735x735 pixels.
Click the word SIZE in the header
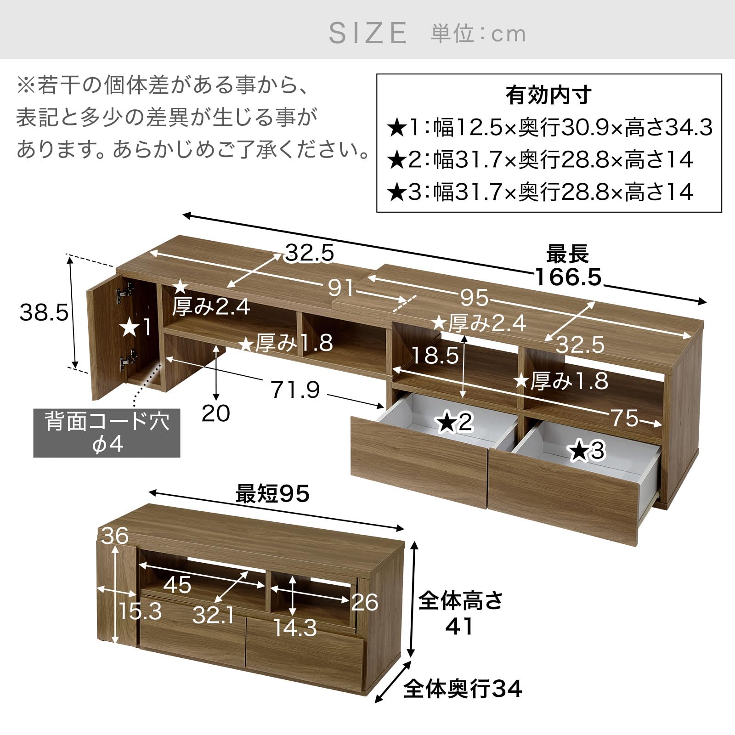coord(368,33)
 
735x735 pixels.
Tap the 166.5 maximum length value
coord(568,277)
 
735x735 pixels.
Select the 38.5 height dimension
coord(44,313)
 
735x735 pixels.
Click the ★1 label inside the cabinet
coord(135,328)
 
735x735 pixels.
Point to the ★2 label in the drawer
coord(455,422)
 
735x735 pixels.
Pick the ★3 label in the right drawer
coord(588,451)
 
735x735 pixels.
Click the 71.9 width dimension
coord(295,390)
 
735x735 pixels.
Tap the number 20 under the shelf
coord(215,413)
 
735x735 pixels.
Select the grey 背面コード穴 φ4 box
coord(107,434)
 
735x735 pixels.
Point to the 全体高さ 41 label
coord(460,613)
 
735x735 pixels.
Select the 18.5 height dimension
coord(435,355)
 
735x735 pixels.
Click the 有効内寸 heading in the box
coord(548,96)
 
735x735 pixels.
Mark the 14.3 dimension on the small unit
coord(295,628)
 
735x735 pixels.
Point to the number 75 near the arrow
coord(624,418)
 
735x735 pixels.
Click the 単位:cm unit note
coord(478,34)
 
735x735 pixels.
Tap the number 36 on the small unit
coord(115,536)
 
